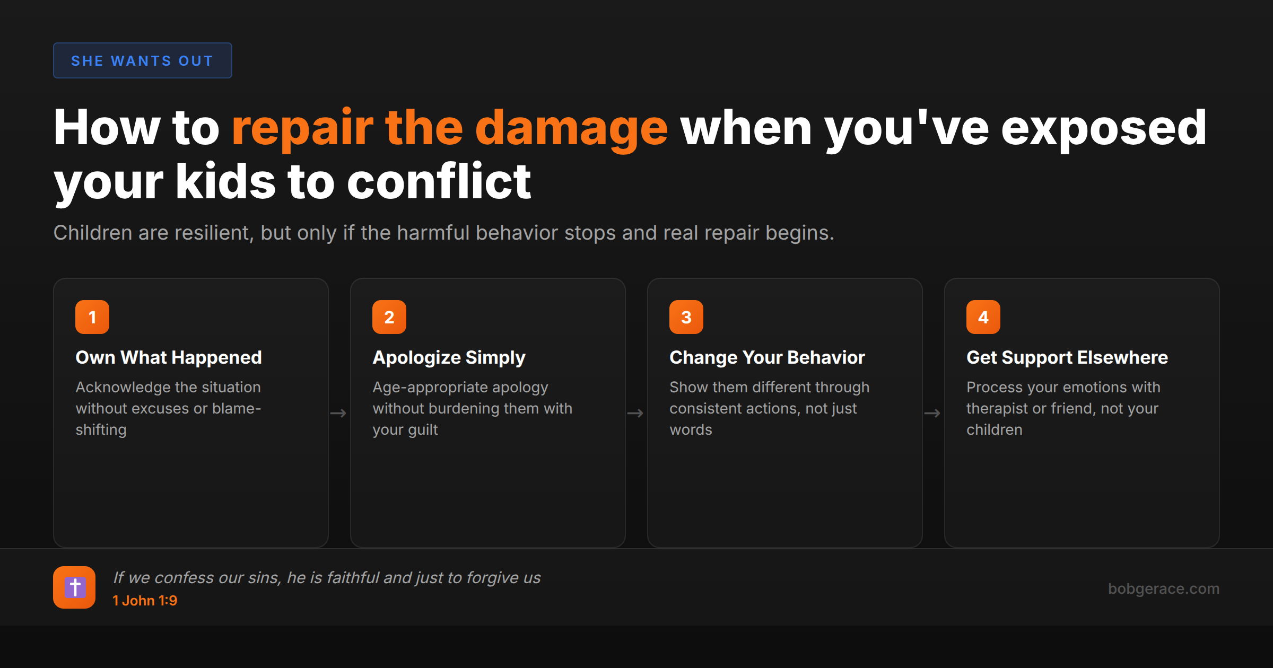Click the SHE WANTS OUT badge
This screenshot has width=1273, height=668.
pos(142,61)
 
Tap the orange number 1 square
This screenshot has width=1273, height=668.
pos(92,317)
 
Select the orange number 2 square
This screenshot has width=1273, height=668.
pos(389,317)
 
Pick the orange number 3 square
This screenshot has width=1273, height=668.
pos(686,317)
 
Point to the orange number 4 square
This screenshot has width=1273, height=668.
pos(983,317)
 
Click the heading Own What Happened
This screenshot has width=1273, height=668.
pos(169,358)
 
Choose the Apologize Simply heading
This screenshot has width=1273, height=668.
pos(449,358)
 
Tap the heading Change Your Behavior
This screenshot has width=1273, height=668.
pos(767,358)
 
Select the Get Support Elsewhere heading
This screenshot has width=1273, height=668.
pos(1067,358)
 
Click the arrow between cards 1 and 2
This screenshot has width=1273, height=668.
pos(338,413)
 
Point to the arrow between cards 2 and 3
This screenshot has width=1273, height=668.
pos(635,413)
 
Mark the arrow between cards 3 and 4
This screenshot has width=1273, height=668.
pos(932,413)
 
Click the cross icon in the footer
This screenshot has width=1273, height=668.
pos(74,587)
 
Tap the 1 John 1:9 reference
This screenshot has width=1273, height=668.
pos(145,601)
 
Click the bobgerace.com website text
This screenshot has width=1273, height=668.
pos(1164,588)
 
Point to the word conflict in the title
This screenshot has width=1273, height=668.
pos(439,182)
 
